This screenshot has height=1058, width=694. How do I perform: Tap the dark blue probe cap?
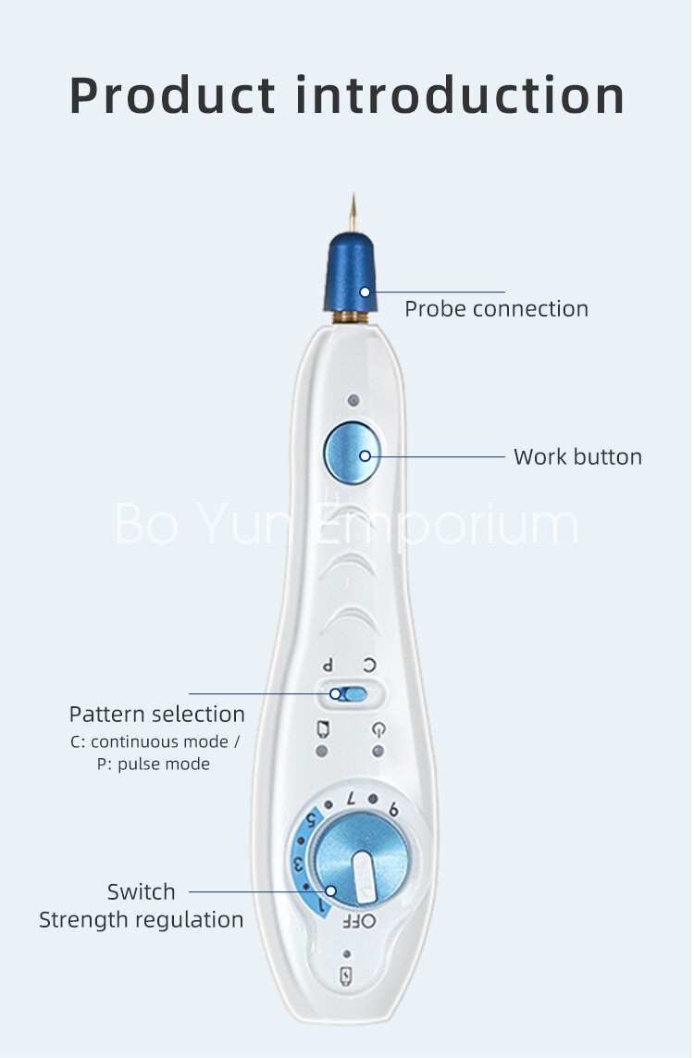click(x=350, y=272)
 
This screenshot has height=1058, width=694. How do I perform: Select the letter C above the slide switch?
click(x=369, y=666)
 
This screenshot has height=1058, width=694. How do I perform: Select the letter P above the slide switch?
click(x=328, y=666)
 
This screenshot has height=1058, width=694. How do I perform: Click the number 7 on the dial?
click(x=351, y=798)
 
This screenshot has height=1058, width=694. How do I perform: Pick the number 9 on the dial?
click(x=394, y=809)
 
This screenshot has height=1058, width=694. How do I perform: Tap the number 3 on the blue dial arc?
click(x=297, y=863)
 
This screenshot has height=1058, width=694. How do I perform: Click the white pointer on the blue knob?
click(x=364, y=877)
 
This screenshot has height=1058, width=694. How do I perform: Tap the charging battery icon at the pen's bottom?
click(x=347, y=976)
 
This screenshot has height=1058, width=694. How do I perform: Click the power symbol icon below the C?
click(x=378, y=729)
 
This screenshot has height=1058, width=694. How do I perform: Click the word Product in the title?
click(x=173, y=95)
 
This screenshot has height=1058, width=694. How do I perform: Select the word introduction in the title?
click(x=460, y=95)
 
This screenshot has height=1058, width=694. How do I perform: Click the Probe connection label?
click(x=496, y=309)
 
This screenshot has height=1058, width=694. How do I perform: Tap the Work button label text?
click(x=577, y=457)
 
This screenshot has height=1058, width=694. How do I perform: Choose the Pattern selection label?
click(x=157, y=714)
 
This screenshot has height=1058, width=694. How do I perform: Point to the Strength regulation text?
click(x=141, y=920)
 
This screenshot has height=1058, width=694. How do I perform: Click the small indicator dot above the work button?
click(x=353, y=401)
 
